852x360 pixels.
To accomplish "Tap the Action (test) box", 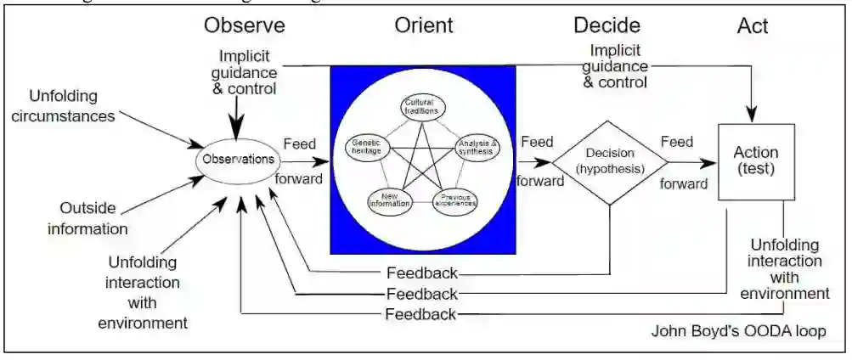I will [x=755, y=160].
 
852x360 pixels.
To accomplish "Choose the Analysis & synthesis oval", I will [x=477, y=148].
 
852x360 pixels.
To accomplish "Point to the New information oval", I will [x=390, y=201].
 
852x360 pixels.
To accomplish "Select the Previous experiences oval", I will [x=456, y=201].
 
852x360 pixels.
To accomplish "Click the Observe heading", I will [x=245, y=25].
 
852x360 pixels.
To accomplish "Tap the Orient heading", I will [x=423, y=25].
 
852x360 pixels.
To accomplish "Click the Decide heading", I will [x=607, y=25].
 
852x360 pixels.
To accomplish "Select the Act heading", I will [x=753, y=26].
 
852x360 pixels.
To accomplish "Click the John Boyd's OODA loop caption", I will [x=737, y=330].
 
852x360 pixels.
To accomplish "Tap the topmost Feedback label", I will [x=422, y=273].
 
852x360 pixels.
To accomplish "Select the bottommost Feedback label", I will [x=422, y=314].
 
